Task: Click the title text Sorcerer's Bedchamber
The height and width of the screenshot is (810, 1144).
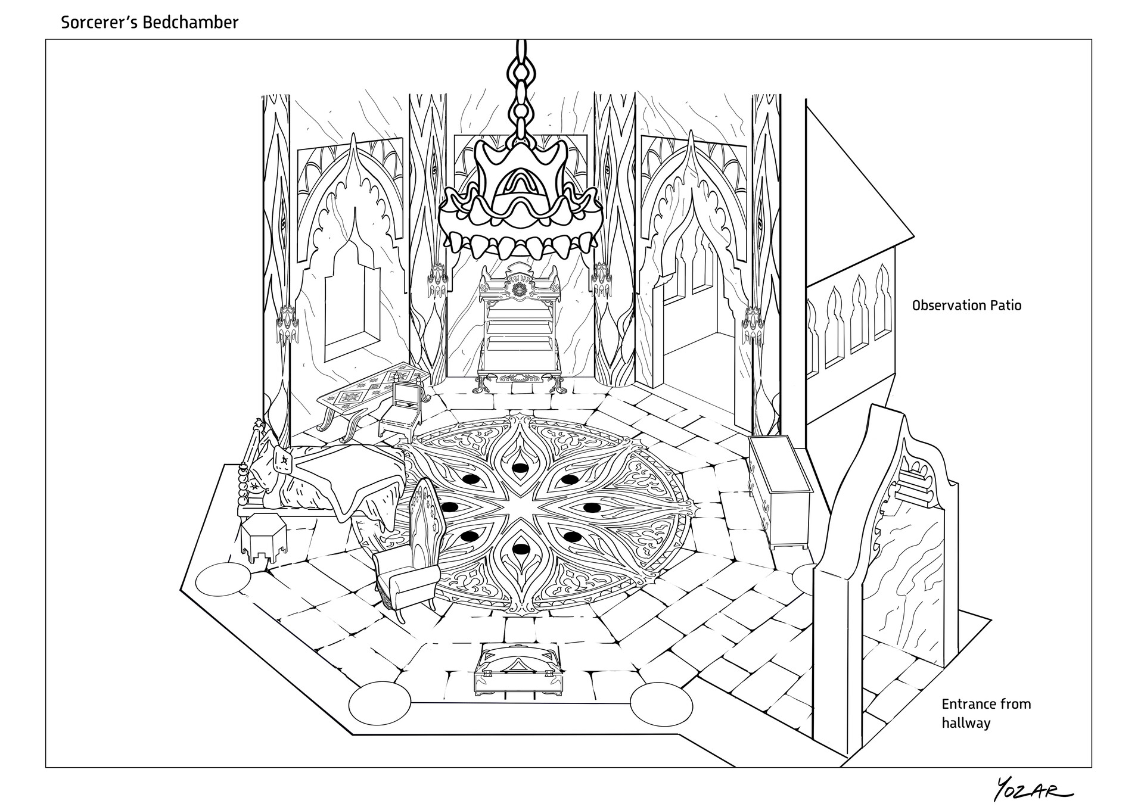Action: (150, 23)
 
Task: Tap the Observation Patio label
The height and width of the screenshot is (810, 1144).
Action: (966, 306)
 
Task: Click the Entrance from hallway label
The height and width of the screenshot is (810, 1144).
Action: (986, 713)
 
